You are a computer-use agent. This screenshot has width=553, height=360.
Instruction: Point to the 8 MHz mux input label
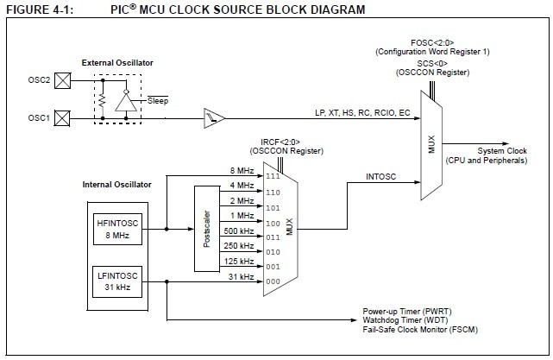point(242,170)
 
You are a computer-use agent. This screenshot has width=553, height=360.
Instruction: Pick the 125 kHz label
point(239,262)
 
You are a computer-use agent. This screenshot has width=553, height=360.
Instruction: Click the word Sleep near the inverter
point(157,101)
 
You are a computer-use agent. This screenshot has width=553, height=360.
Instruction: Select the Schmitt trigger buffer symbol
point(211,114)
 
